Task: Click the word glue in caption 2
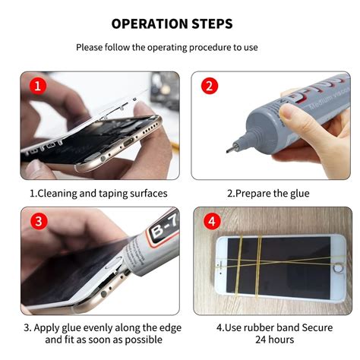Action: coord(297,194)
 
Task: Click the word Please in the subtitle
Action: coord(90,47)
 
